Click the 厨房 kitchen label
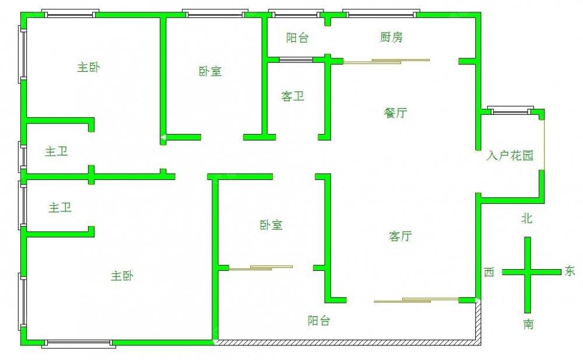[391, 37]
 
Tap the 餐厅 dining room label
[395, 112]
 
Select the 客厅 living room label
[400, 236]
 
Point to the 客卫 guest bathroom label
[293, 97]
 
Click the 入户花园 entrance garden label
[510, 155]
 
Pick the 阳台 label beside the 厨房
[297, 37]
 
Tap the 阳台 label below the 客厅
[319, 320]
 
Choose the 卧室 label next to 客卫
[210, 71]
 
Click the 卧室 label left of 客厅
[271, 225]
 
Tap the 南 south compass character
[528, 324]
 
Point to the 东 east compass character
[570, 270]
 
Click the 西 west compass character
[489, 272]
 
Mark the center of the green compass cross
[528, 272]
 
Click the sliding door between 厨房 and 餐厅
[387, 61]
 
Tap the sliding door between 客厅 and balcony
[416, 300]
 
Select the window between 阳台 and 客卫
[296, 59]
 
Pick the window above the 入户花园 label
[510, 111]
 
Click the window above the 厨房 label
[381, 14]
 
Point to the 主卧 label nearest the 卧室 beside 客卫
[89, 67]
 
